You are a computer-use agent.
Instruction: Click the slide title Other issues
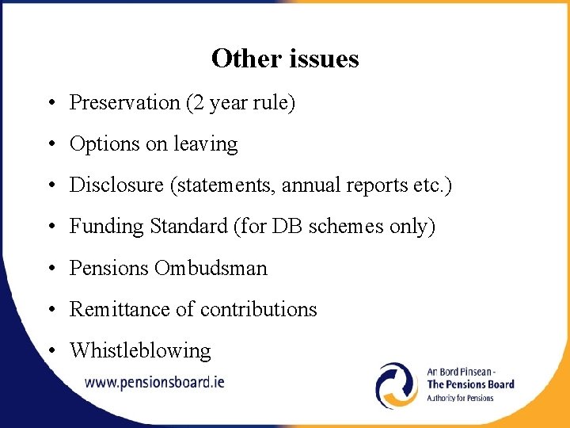tap(285, 59)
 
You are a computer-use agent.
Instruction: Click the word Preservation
tap(114, 103)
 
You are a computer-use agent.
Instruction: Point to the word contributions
tap(258, 309)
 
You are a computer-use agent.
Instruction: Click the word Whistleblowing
tap(140, 350)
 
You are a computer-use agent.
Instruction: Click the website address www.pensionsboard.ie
tap(154, 381)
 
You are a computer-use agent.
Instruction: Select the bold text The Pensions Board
tap(470, 384)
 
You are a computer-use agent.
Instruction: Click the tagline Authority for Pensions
tap(460, 398)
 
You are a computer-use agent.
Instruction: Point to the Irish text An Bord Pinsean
tap(461, 371)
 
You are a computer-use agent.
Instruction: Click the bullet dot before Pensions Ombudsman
tap(49, 269)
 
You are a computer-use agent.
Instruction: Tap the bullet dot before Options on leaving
tap(49, 145)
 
